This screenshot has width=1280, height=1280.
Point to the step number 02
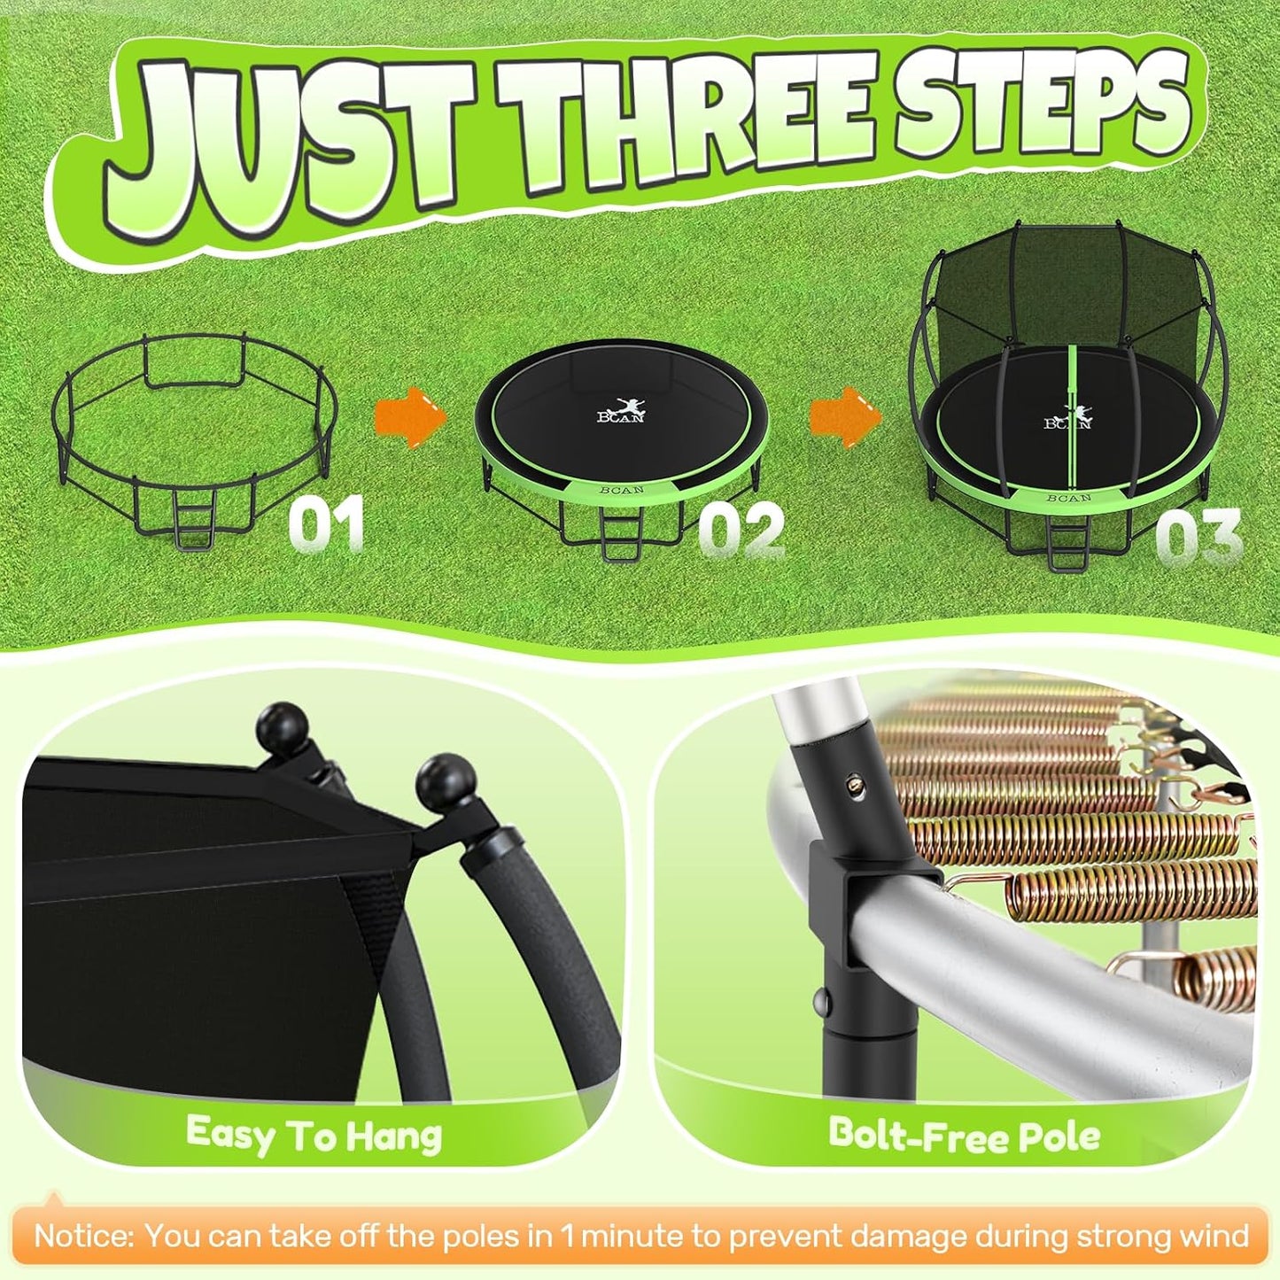(741, 530)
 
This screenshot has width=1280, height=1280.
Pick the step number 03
(1199, 539)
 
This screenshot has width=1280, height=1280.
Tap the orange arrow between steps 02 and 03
(845, 415)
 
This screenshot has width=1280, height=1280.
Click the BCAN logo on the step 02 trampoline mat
(622, 413)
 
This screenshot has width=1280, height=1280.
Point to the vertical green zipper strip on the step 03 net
(1073, 416)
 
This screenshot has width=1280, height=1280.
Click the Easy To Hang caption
(314, 1135)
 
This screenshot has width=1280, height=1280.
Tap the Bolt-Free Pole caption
(964, 1135)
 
